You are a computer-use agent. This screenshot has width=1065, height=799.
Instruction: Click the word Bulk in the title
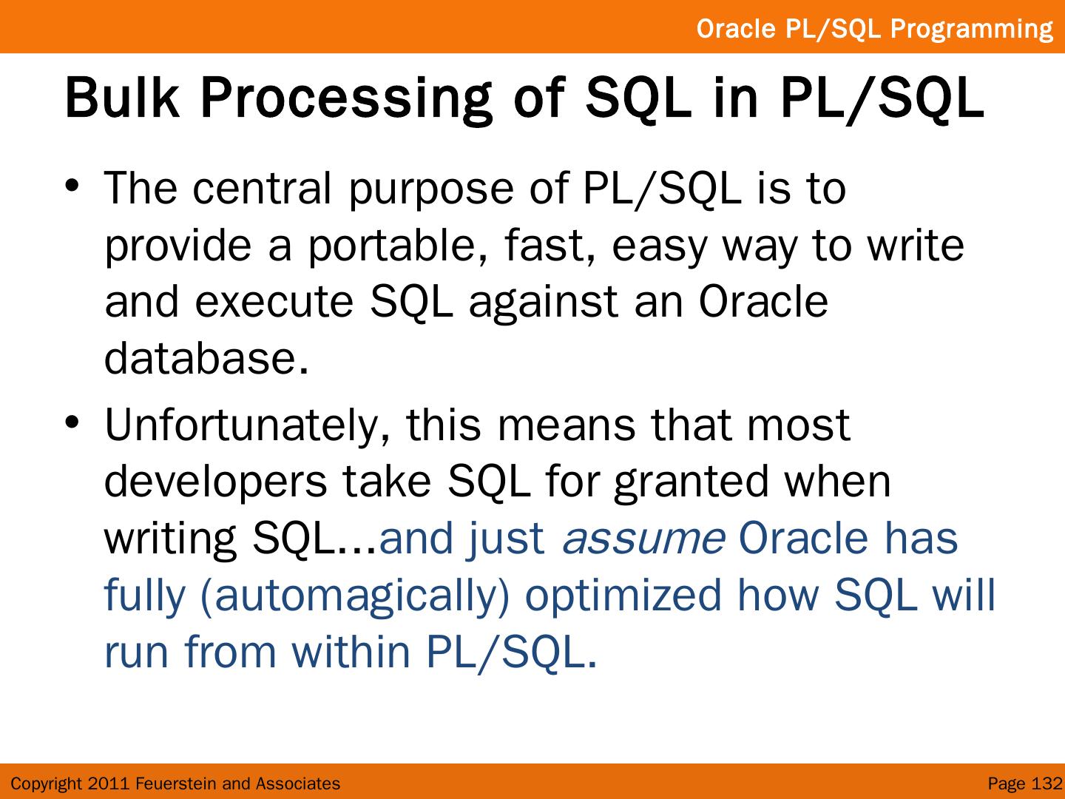point(122,98)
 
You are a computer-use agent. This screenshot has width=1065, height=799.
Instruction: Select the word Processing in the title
point(346,101)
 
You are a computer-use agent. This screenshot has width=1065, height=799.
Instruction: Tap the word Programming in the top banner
point(971,29)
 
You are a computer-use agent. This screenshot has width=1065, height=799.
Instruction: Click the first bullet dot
point(72,186)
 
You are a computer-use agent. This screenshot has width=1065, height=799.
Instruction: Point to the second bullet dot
point(72,422)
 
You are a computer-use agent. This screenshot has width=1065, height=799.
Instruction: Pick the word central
point(262,188)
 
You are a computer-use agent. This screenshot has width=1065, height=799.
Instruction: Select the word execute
point(274,302)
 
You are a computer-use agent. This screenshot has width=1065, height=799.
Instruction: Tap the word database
point(206,357)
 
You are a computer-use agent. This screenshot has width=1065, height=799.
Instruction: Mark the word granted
point(692,485)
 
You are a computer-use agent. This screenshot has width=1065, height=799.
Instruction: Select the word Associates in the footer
point(298,783)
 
